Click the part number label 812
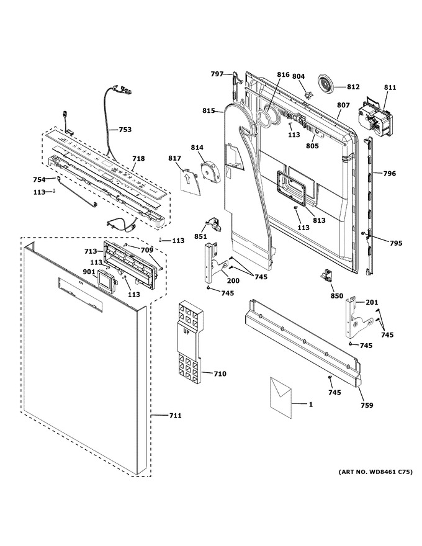click(x=353, y=87)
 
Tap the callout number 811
click(x=390, y=87)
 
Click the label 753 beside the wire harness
click(x=125, y=130)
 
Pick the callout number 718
click(x=138, y=159)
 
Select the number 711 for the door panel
click(x=175, y=416)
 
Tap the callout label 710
click(x=220, y=374)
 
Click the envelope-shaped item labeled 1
click(x=281, y=396)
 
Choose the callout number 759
click(x=367, y=405)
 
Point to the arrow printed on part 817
click(x=187, y=179)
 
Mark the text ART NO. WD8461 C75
click(x=375, y=472)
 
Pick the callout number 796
click(x=389, y=173)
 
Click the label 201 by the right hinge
click(x=371, y=302)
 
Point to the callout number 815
click(x=209, y=110)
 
